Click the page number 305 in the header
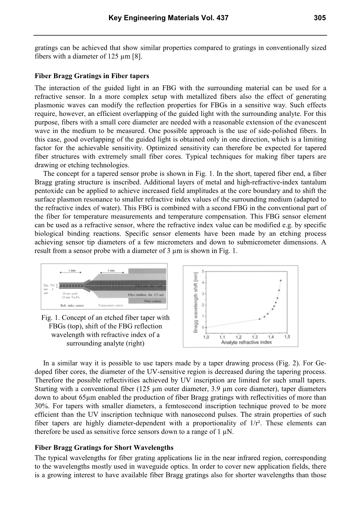(x=320, y=18)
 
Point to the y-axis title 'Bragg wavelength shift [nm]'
(x=195, y=302)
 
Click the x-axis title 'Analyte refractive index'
(x=246, y=342)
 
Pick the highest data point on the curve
(x=281, y=280)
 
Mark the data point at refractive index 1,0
(x=206, y=327)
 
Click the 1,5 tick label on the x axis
(x=287, y=336)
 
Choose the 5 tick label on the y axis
(x=202, y=271)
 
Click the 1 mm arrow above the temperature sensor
(x=111, y=273)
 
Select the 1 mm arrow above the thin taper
(x=72, y=273)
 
